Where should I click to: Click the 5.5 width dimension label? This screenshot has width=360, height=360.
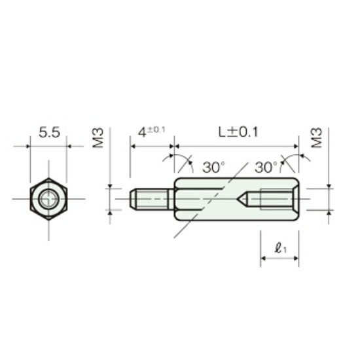click(x=49, y=132)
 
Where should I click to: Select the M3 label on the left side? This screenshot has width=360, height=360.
click(x=98, y=138)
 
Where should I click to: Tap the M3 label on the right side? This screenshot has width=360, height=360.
click(x=317, y=138)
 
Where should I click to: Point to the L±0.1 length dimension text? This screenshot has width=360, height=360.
click(x=238, y=132)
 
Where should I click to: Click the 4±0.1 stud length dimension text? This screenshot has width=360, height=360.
click(x=152, y=132)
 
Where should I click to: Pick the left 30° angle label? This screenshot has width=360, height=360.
click(x=213, y=167)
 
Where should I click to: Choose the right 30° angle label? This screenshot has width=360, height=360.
click(x=266, y=167)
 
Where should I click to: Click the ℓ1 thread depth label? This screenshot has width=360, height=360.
click(x=281, y=248)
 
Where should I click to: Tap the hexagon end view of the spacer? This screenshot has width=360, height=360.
click(x=48, y=199)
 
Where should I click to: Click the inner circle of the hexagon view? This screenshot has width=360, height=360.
click(x=48, y=199)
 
